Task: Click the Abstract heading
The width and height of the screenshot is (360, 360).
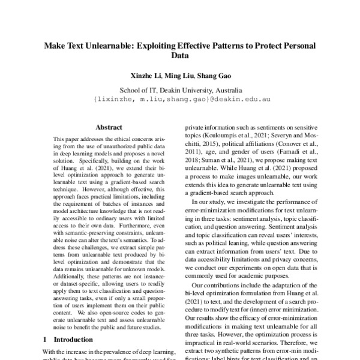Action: tap(109, 128)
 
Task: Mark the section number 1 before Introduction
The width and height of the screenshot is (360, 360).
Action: tap(46, 340)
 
